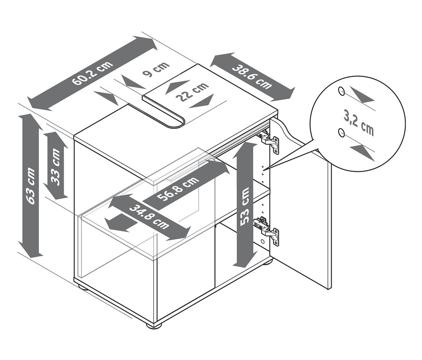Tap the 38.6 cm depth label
click(x=252, y=77)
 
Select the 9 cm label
click(x=156, y=69)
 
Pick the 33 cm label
click(x=56, y=167)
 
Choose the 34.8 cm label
click(x=149, y=217)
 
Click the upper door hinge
click(x=268, y=140)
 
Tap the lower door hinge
click(x=266, y=230)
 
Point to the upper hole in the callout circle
click(x=341, y=91)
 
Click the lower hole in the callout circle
click(x=341, y=132)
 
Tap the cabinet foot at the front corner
click(x=152, y=325)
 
